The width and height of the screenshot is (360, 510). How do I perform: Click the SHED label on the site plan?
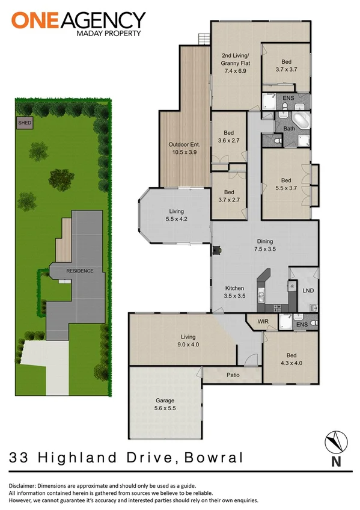coord(25,123)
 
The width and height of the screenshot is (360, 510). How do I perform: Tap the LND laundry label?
coord(308,291)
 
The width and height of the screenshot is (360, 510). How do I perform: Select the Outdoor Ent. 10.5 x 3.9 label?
coord(184,148)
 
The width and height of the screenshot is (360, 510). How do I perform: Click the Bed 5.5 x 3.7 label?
coord(285,184)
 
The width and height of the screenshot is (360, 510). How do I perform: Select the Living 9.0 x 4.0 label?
coord(189,341)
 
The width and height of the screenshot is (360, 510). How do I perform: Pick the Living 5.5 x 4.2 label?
coord(176,215)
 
